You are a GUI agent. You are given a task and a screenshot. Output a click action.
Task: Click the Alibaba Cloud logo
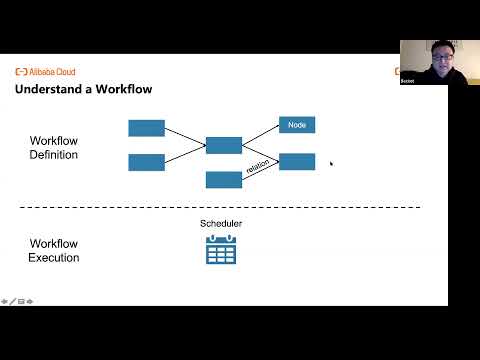pyautogui.click(x=45, y=72)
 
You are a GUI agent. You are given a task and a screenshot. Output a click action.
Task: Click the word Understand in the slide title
pyautogui.click(x=49, y=90)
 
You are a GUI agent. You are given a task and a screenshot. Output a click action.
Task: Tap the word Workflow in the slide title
pyautogui.click(x=124, y=90)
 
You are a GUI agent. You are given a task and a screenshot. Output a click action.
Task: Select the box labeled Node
pyautogui.click(x=297, y=125)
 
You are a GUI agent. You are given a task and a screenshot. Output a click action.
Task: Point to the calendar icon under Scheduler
pyautogui.click(x=220, y=249)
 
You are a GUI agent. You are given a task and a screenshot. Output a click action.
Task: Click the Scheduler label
pyautogui.click(x=221, y=223)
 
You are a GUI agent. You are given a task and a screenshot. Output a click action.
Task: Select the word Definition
pyautogui.click(x=54, y=155)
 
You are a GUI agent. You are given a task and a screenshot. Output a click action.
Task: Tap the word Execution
pyautogui.click(x=54, y=258)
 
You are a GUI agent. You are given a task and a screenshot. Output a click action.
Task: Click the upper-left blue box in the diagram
pyautogui.click(x=147, y=127)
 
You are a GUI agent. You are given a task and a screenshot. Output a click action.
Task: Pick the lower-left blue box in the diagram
pyautogui.click(x=147, y=162)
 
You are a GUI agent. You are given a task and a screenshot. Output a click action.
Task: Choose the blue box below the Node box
pyautogui.click(x=297, y=161)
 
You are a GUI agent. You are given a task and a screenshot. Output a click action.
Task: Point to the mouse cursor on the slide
pyautogui.click(x=331, y=163)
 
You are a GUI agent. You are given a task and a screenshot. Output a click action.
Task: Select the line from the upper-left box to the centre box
pyautogui.click(x=185, y=136)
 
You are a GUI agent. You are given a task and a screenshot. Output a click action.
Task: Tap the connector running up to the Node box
pyautogui.click(x=260, y=135)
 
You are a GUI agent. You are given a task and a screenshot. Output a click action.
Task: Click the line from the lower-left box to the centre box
pyautogui.click(x=185, y=154)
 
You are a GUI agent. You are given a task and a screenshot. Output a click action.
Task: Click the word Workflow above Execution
pyautogui.click(x=54, y=244)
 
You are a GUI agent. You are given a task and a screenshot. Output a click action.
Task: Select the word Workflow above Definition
pyautogui.click(x=54, y=141)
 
